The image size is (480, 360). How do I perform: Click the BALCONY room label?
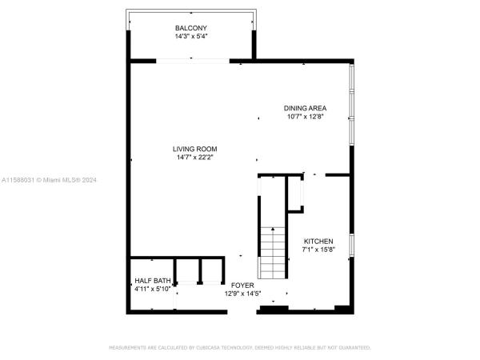tap(191, 28)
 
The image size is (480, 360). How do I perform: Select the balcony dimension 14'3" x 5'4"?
tap(191, 36)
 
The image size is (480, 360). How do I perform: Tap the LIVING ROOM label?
tap(194, 149)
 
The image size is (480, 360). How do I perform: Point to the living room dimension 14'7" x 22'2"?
tap(194, 158)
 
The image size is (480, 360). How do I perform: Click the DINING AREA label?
tap(305, 108)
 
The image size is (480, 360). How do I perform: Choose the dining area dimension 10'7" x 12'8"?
tap(306, 116)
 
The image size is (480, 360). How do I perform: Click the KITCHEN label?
tap(318, 242)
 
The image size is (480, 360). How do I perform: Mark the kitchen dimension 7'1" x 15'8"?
tap(318, 250)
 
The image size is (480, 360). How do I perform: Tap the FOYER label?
tap(242, 286)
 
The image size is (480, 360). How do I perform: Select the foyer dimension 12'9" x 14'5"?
tap(242, 294)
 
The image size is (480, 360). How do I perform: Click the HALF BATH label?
tap(153, 281)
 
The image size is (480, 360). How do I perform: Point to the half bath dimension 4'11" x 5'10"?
tap(153, 289)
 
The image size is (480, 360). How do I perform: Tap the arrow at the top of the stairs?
tap(273, 229)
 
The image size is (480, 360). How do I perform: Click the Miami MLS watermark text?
tap(49, 180)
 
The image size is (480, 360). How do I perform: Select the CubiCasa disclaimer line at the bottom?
tap(240, 348)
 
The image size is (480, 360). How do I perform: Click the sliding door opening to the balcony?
tap(193, 61)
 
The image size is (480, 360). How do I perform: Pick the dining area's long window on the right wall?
tap(352, 104)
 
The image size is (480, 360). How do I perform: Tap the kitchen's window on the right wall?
tap(352, 245)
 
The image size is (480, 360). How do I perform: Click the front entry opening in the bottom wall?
tap(242, 312)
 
